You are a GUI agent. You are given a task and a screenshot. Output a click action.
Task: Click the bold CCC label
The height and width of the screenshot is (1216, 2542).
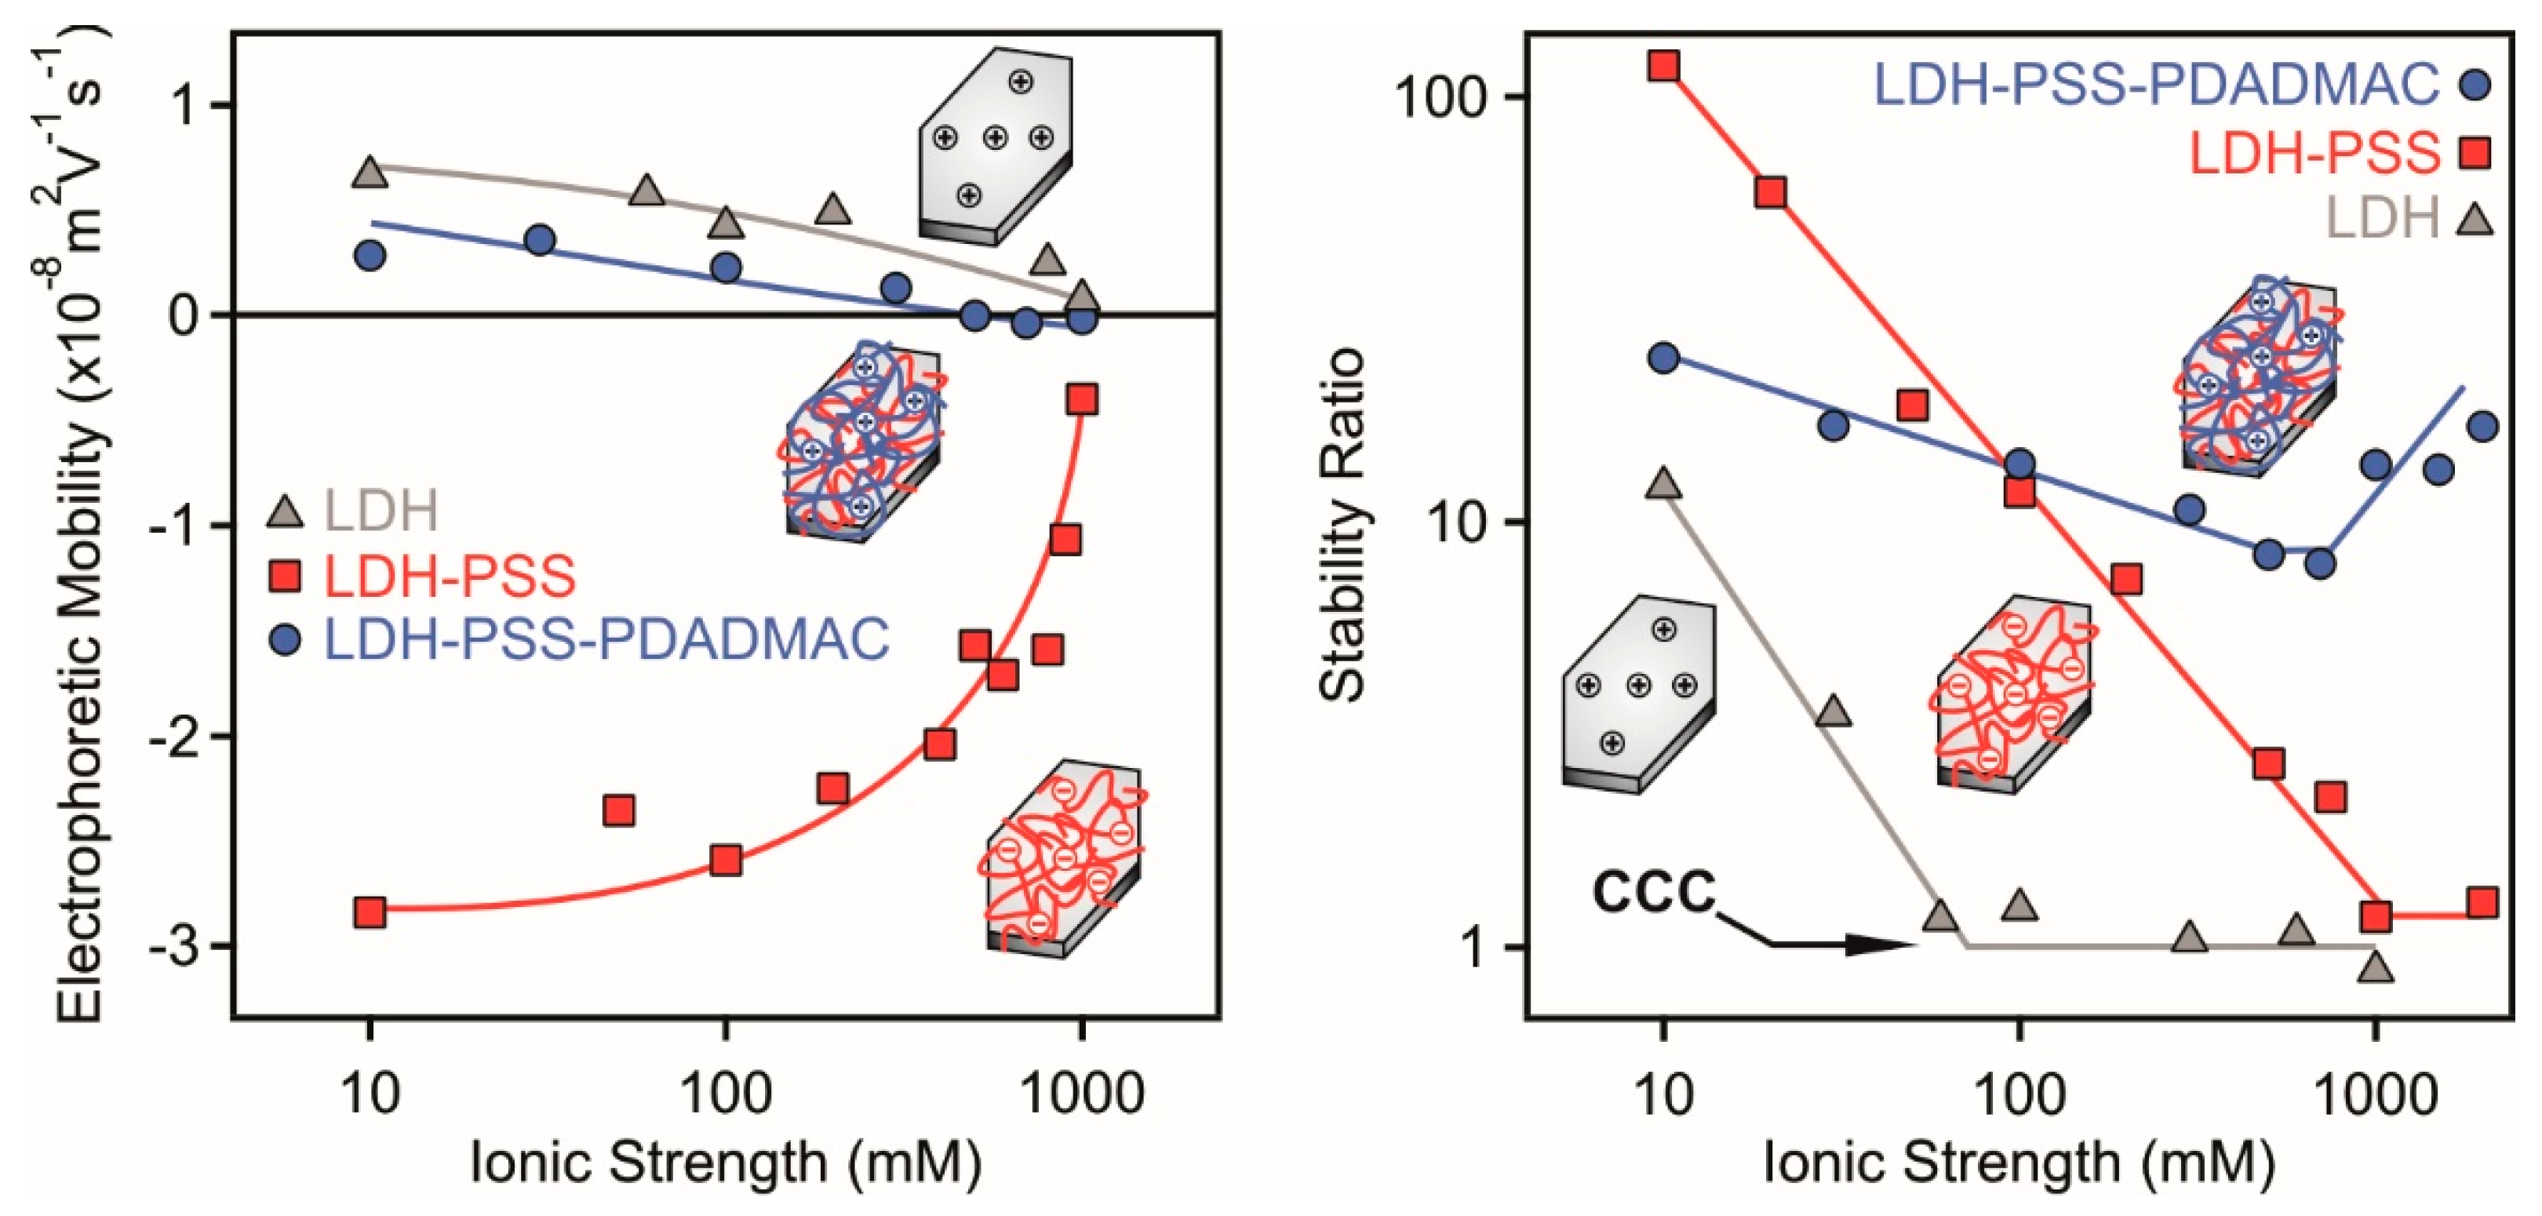[1655, 894]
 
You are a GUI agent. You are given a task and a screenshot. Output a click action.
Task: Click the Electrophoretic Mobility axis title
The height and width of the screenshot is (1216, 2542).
[83, 523]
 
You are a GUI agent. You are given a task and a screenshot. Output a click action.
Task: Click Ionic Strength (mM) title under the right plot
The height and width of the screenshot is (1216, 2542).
[2019, 1163]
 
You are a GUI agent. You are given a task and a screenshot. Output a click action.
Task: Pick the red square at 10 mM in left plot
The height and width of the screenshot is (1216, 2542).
[370, 912]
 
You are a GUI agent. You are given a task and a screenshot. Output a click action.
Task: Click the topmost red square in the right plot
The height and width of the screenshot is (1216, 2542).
[1665, 66]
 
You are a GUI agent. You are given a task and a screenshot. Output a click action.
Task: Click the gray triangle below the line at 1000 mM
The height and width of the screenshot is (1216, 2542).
[2377, 967]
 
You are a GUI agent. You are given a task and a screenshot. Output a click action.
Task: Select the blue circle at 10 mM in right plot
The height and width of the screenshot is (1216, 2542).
[1665, 357]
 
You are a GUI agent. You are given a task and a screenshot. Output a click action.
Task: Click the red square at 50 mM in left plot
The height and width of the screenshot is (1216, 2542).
[619, 810]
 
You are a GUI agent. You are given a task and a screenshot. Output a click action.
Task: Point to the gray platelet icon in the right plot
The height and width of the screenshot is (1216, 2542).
[1638, 693]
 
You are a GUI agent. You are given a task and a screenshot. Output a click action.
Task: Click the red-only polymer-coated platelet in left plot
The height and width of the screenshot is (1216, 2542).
[1064, 857]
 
